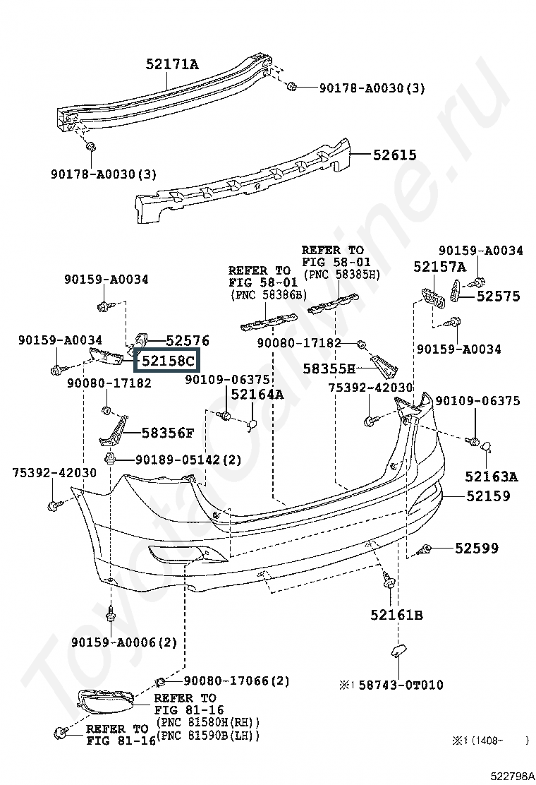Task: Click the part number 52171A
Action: click(x=172, y=64)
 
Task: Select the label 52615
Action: click(x=394, y=155)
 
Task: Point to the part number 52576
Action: click(x=188, y=340)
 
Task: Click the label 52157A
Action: click(x=439, y=267)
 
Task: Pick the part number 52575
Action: click(x=499, y=296)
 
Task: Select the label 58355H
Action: click(x=329, y=369)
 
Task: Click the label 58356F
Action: click(x=168, y=433)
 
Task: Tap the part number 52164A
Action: click(x=257, y=395)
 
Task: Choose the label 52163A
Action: click(x=492, y=477)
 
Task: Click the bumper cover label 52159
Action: click(x=489, y=496)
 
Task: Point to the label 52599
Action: click(x=477, y=549)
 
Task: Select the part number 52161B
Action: click(x=396, y=615)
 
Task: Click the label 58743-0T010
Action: click(x=401, y=684)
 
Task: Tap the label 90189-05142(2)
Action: click(x=188, y=460)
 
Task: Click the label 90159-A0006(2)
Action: click(x=124, y=642)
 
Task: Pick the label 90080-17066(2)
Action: click(x=236, y=681)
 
